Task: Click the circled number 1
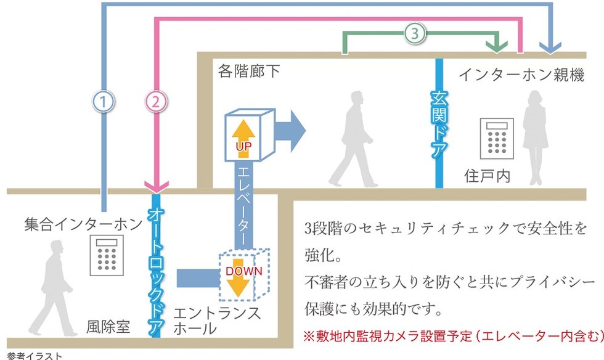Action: click(x=104, y=101)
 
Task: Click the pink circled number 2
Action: click(x=156, y=101)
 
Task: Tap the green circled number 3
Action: click(x=415, y=35)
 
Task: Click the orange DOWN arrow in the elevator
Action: click(x=243, y=278)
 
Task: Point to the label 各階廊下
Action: click(x=249, y=72)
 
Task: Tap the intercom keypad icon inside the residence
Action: click(x=497, y=139)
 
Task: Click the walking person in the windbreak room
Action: click(x=52, y=280)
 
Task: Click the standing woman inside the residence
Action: click(x=534, y=136)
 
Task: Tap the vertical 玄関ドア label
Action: click(x=439, y=123)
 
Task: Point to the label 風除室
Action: click(x=108, y=327)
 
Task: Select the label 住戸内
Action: click(x=487, y=176)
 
